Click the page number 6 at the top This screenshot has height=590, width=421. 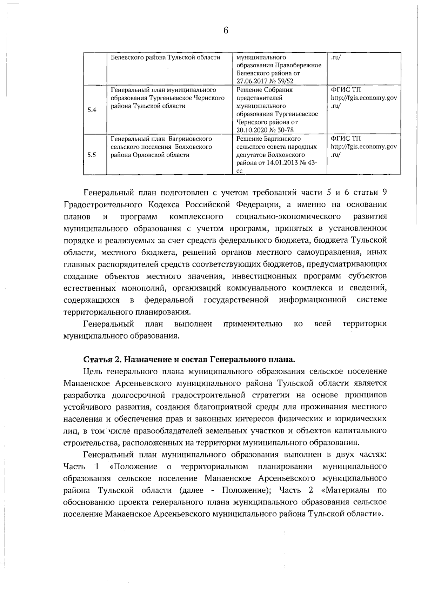226,31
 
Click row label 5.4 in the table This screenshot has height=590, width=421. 92,110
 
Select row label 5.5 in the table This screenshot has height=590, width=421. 92,155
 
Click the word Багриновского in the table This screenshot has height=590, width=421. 190,139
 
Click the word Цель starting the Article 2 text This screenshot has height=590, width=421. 93,371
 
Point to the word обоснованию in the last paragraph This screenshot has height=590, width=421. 88,502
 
